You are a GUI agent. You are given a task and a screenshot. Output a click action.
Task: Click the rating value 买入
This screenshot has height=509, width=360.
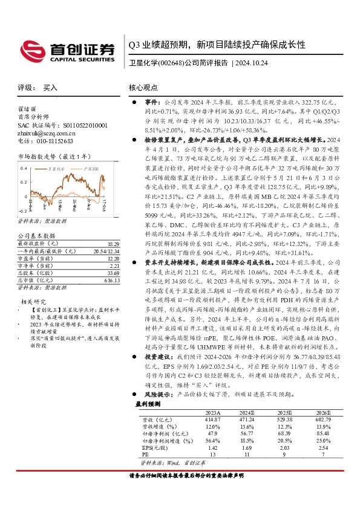click(50, 88)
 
